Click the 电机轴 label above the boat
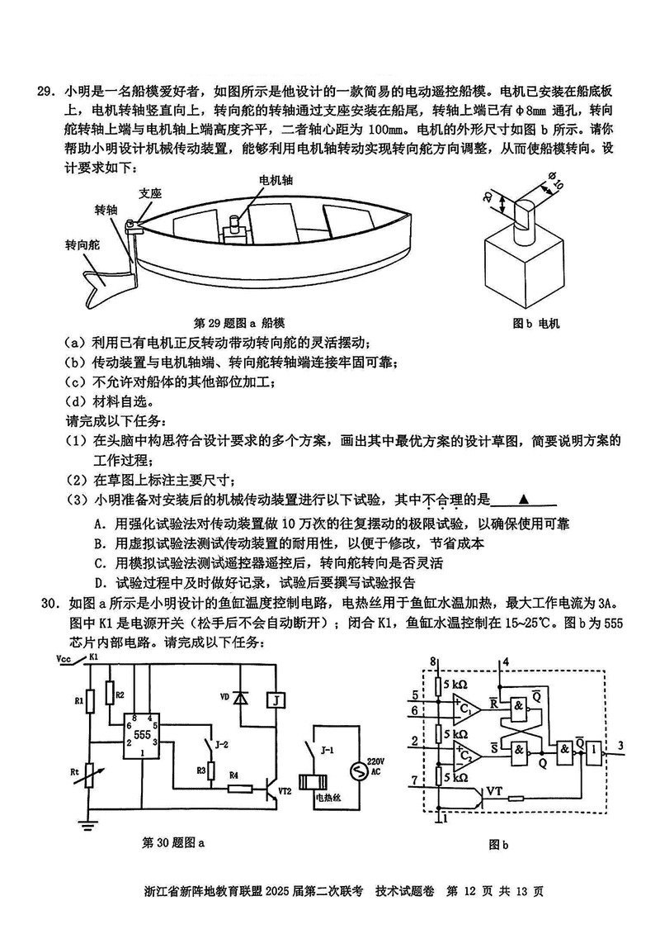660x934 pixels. pyautogui.click(x=276, y=179)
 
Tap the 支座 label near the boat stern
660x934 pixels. pyautogui.click(x=149, y=193)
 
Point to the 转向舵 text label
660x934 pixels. pyautogui.click(x=82, y=245)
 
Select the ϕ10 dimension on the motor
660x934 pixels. pyautogui.click(x=554, y=183)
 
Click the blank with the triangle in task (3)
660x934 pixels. pyautogui.click(x=523, y=500)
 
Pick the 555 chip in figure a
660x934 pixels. pyautogui.click(x=142, y=733)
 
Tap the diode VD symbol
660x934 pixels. pyautogui.click(x=240, y=698)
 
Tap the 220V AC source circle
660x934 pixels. pyautogui.click(x=359, y=772)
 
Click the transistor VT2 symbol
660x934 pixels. pyautogui.click(x=270, y=790)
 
